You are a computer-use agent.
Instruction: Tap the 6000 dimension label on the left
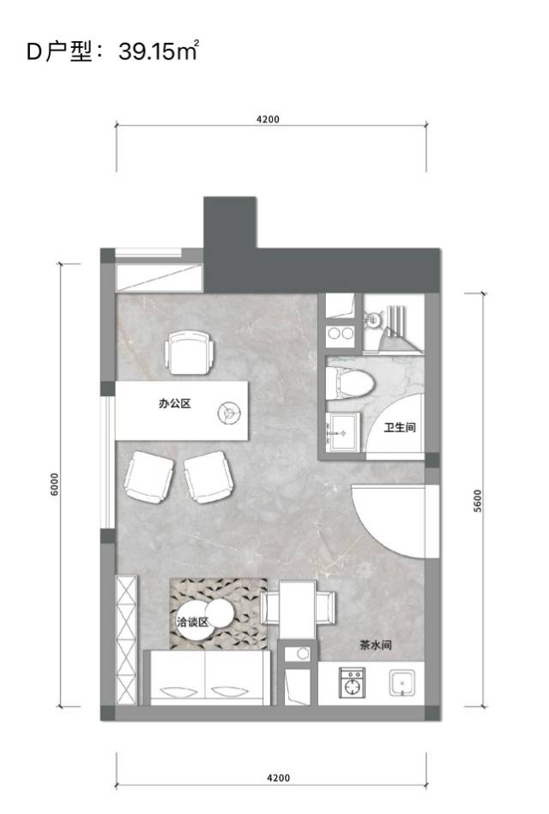55,485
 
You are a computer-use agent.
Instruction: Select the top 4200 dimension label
268,119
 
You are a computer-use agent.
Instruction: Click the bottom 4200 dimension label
278,778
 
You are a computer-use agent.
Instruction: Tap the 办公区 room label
174,403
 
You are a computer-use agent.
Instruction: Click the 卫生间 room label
400,427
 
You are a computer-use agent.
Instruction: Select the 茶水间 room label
375,645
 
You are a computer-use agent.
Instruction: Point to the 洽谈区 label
192,621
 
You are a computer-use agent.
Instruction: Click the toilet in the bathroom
351,384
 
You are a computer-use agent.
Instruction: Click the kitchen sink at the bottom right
402,683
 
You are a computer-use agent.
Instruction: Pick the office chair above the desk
190,353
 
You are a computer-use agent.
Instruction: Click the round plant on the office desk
228,413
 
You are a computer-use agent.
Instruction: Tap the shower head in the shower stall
372,319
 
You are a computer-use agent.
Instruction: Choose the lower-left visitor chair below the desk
148,477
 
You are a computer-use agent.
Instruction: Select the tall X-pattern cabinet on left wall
127,640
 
